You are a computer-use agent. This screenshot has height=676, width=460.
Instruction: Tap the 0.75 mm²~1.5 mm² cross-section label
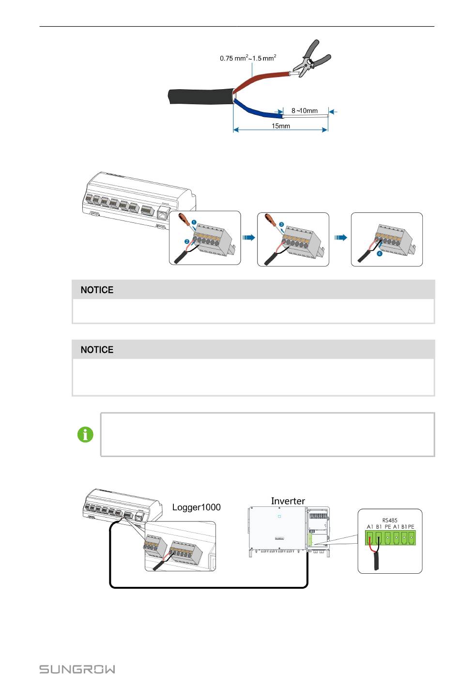pyautogui.click(x=248, y=58)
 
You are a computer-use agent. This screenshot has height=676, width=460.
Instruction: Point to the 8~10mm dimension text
pyautogui.click(x=305, y=110)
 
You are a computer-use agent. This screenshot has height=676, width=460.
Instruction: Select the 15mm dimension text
pyautogui.click(x=281, y=126)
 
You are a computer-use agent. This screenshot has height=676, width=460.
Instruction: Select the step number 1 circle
pyautogui.click(x=194, y=222)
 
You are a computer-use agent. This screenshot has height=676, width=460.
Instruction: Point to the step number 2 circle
pyautogui.click(x=186, y=241)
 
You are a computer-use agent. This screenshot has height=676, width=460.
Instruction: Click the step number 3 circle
pyautogui.click(x=281, y=224)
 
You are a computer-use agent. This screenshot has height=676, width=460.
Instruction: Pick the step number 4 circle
pyautogui.click(x=380, y=253)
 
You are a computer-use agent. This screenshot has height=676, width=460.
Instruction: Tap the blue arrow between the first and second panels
pyautogui.click(x=248, y=238)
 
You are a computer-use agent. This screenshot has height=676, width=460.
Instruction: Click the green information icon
pyautogui.click(x=86, y=435)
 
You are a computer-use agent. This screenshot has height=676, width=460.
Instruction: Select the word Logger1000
pyautogui.click(x=196, y=507)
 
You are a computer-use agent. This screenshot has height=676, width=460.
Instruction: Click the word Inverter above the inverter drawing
pyautogui.click(x=288, y=501)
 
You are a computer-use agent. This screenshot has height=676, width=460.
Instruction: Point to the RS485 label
pyautogui.click(x=390, y=520)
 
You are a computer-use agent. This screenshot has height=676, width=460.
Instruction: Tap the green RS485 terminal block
pyautogui.click(x=390, y=537)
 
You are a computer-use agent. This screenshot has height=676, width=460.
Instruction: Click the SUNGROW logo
pyautogui.click(x=77, y=669)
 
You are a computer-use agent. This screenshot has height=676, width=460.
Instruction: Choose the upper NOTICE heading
pyautogui.click(x=97, y=290)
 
